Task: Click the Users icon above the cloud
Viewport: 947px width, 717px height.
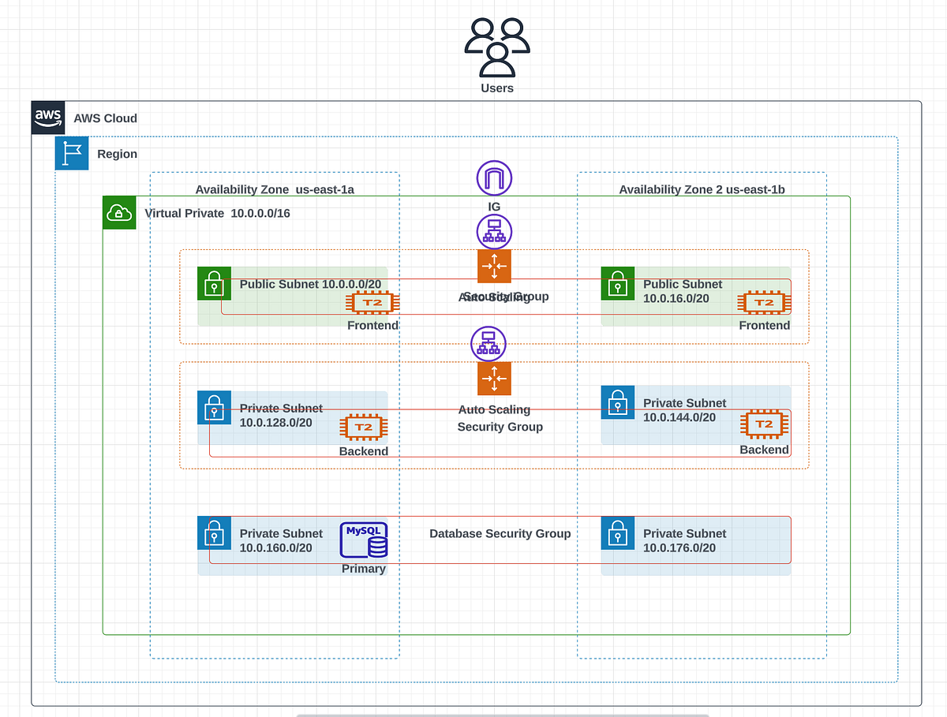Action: (x=497, y=47)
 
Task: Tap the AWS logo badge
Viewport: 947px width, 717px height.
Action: (x=48, y=118)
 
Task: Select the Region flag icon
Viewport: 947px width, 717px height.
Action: (x=72, y=154)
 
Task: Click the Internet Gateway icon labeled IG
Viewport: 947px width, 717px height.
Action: (x=494, y=178)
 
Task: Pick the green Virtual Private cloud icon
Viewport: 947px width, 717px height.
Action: (x=119, y=213)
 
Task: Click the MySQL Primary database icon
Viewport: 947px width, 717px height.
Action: (x=364, y=541)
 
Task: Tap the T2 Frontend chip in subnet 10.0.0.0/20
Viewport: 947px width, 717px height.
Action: (x=372, y=303)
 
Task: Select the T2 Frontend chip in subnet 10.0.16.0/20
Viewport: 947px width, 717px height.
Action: (x=764, y=303)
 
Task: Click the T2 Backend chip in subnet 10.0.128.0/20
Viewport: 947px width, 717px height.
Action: (x=363, y=428)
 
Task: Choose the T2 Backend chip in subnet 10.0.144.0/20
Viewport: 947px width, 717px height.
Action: (x=764, y=425)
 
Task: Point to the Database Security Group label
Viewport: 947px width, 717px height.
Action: (x=500, y=534)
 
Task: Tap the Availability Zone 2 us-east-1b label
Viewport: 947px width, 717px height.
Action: (x=702, y=190)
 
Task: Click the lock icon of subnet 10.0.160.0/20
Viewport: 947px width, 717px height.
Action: (x=214, y=533)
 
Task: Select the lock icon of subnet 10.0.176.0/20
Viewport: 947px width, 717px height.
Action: (x=618, y=533)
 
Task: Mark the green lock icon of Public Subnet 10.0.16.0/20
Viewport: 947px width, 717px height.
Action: (x=618, y=283)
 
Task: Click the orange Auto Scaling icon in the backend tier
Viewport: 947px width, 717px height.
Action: (x=494, y=379)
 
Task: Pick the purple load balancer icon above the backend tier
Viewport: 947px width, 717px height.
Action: (x=488, y=344)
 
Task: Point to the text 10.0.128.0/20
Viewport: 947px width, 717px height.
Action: (x=275, y=423)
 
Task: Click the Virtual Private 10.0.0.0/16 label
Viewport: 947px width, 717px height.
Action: (x=218, y=214)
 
